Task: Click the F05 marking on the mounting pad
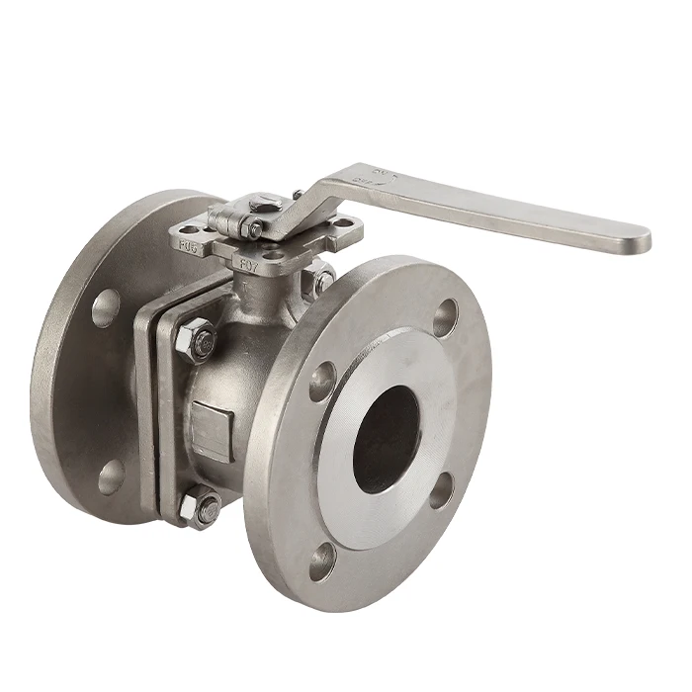coord(187,241)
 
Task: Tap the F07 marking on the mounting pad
coord(251,265)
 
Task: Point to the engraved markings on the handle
coord(370,178)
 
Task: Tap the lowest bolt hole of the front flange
coord(322,562)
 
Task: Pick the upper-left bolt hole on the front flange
coord(322,382)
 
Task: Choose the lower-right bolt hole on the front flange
coord(442,490)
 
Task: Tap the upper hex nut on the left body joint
coord(197,341)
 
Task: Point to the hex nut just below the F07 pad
coord(321,281)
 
